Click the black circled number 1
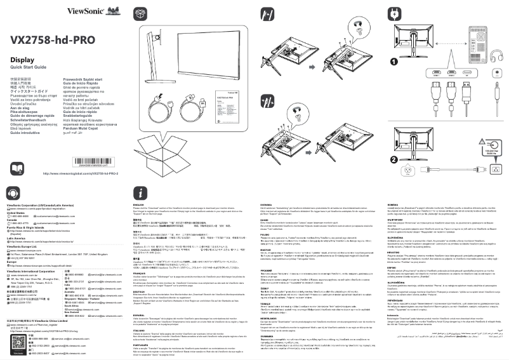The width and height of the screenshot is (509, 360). [x=394, y=62]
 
